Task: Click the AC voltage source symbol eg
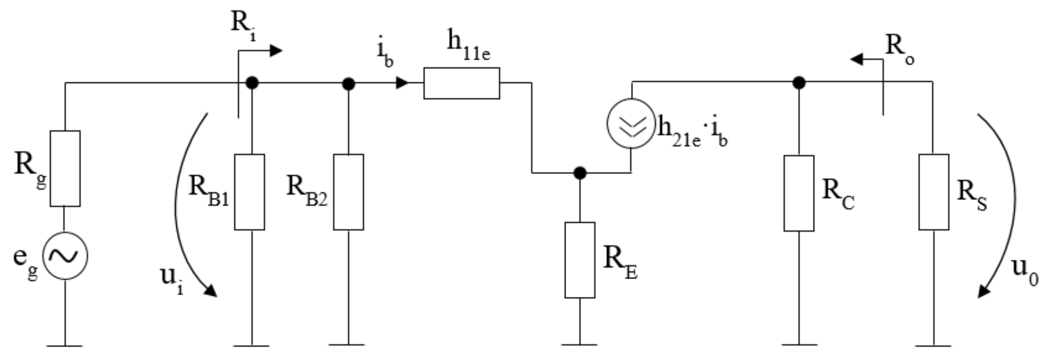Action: [65, 256]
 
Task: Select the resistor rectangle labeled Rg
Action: [65, 168]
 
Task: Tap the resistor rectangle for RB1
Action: [250, 192]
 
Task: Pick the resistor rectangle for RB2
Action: [349, 192]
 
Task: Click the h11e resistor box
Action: [462, 83]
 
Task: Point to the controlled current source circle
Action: [631, 123]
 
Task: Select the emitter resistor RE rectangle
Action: [580, 260]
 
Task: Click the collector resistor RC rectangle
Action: [799, 193]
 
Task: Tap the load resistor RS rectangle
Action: [934, 192]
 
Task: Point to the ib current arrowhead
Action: [402, 83]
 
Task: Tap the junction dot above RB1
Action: [252, 83]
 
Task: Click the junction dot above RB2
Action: [348, 84]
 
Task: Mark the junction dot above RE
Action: [580, 173]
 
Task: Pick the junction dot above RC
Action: [799, 83]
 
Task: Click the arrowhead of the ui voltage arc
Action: [210, 291]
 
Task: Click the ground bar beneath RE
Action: [580, 344]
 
